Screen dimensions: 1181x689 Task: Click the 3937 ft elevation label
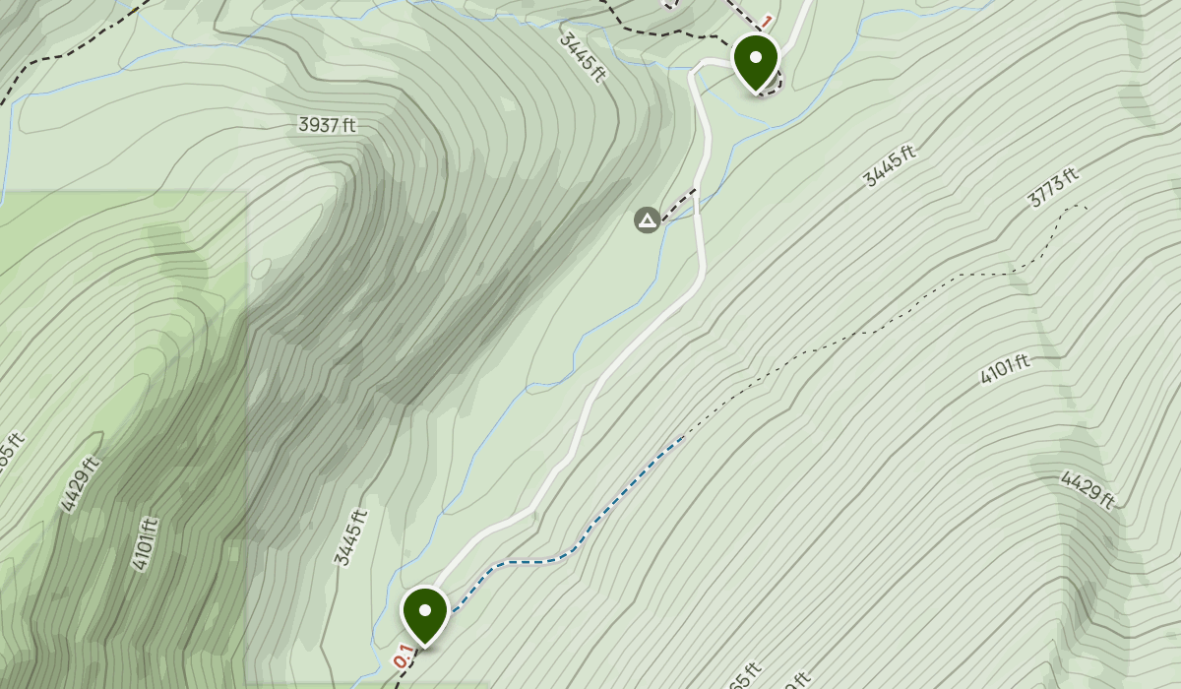coord(327,125)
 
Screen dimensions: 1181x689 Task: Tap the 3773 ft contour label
coord(1052,186)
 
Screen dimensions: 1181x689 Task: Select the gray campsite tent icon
coord(647,219)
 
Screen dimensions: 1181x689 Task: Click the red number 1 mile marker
coord(767,21)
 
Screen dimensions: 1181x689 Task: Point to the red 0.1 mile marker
coord(403,655)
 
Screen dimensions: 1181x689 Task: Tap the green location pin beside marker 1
coord(756,61)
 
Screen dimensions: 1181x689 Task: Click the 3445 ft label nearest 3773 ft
coord(889,165)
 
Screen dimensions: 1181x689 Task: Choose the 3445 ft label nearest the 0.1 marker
coord(350,537)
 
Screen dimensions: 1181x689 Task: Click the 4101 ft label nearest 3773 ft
coord(1005,369)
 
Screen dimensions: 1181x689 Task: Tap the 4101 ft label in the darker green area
coord(144,543)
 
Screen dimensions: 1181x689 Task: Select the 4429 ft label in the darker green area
coord(80,484)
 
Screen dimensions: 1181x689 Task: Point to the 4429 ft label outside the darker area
coord(1088,490)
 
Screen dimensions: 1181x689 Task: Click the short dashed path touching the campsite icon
coord(679,204)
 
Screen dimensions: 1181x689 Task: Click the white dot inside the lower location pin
coord(425,609)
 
